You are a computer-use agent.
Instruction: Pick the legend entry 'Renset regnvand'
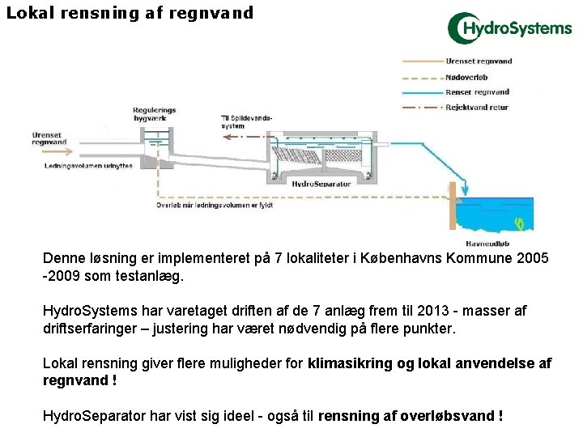coord(477,92)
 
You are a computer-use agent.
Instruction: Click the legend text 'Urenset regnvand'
coord(479,62)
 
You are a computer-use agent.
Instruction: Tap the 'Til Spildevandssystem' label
coord(245,122)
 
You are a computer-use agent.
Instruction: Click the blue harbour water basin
coord(494,214)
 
